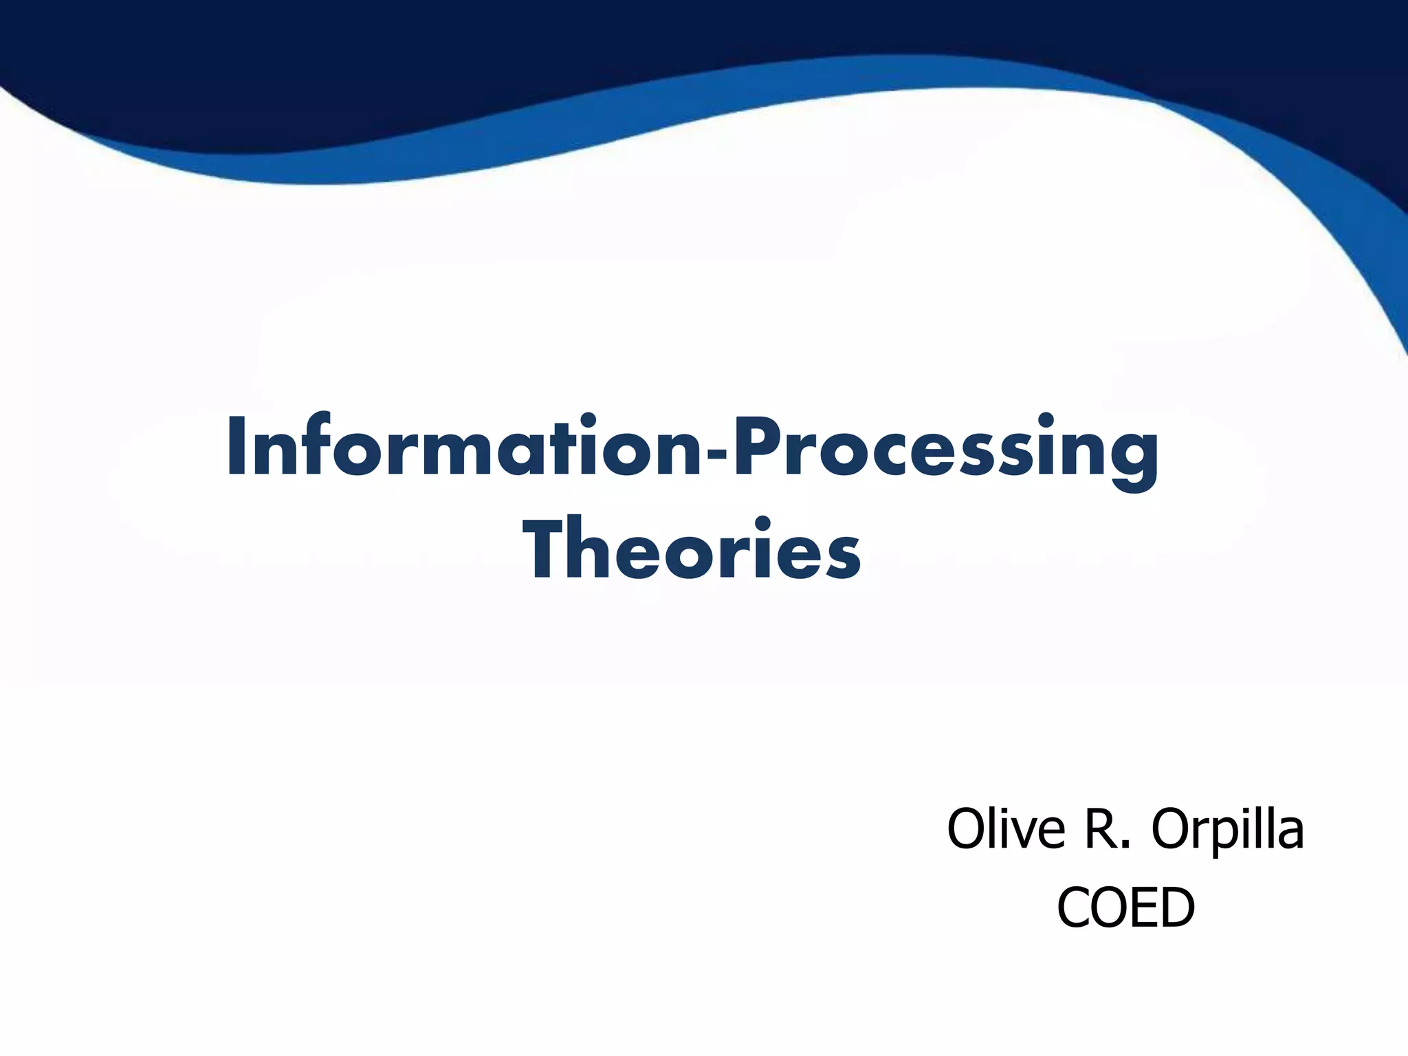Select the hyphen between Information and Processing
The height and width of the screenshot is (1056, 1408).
(x=718, y=454)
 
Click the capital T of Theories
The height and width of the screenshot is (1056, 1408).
(x=547, y=548)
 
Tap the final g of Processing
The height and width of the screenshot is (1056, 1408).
(x=1134, y=461)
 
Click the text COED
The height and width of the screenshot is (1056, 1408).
(x=1125, y=908)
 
